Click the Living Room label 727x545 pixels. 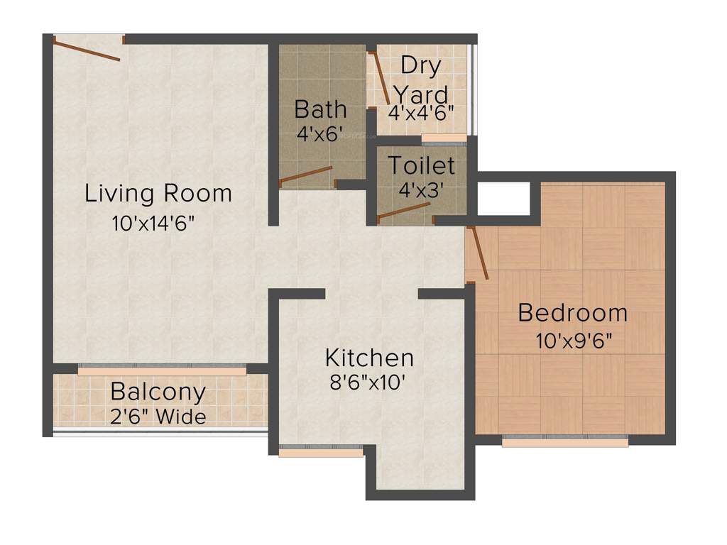point(158,193)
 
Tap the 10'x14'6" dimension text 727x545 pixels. point(153,224)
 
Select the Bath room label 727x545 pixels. point(321,109)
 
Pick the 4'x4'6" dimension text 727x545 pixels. point(421,112)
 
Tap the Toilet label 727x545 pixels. point(421,165)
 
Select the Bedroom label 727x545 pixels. point(573,312)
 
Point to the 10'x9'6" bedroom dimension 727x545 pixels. point(575,341)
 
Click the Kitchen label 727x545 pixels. point(369,356)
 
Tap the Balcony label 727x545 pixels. point(158,391)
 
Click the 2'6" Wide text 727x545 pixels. point(158,417)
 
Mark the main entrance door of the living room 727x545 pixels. point(87,50)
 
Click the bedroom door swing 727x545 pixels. point(478,253)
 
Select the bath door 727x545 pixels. point(306,175)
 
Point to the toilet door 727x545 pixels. point(404,211)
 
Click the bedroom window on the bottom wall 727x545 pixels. point(565,441)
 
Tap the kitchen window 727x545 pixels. point(321,451)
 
